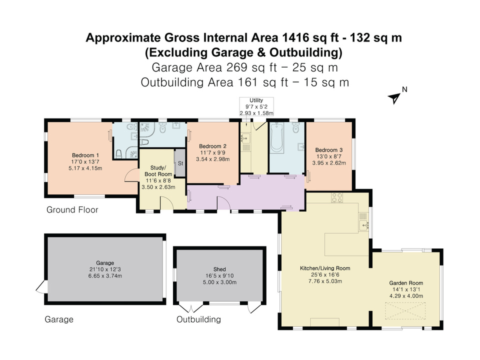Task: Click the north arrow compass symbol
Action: coord(395,97)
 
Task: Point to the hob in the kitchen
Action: coord(336,199)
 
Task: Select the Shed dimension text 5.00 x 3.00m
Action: coord(219,282)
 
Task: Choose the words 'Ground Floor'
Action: coord(72,210)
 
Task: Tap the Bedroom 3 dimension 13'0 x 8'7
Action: coord(329,156)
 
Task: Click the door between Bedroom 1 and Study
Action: coord(130,175)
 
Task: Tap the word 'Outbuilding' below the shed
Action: coord(198,319)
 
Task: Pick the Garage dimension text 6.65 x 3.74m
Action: coord(105,275)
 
